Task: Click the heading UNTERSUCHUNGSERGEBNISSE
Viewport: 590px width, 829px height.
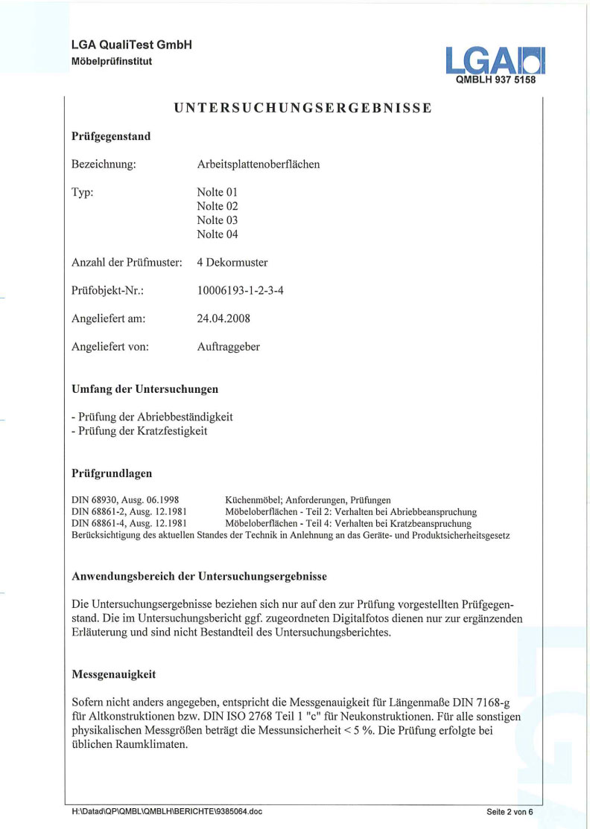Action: tap(303, 108)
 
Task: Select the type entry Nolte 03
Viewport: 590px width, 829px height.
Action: tap(218, 220)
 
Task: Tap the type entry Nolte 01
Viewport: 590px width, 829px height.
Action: tap(218, 192)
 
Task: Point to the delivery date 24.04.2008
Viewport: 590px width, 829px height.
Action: tap(223, 319)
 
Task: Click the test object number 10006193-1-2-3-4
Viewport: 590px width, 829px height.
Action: tap(240, 291)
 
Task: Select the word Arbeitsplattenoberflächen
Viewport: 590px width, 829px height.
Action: tap(258, 164)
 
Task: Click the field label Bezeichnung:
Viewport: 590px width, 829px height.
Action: tap(104, 164)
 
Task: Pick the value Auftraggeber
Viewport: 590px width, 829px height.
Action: tap(228, 347)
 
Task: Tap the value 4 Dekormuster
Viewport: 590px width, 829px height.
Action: tap(232, 263)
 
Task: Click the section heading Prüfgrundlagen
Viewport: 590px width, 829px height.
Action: tap(112, 473)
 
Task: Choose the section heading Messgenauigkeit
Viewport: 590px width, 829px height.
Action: tap(114, 674)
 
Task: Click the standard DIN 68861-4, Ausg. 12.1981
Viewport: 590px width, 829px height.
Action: tap(129, 524)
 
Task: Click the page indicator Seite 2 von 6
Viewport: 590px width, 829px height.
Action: tap(510, 811)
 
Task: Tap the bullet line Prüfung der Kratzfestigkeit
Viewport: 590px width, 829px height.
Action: tap(139, 431)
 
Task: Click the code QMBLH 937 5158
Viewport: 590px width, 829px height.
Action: tap(495, 80)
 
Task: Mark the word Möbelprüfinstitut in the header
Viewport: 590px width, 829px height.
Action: tap(112, 61)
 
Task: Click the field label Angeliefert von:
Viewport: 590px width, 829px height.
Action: tap(110, 347)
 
